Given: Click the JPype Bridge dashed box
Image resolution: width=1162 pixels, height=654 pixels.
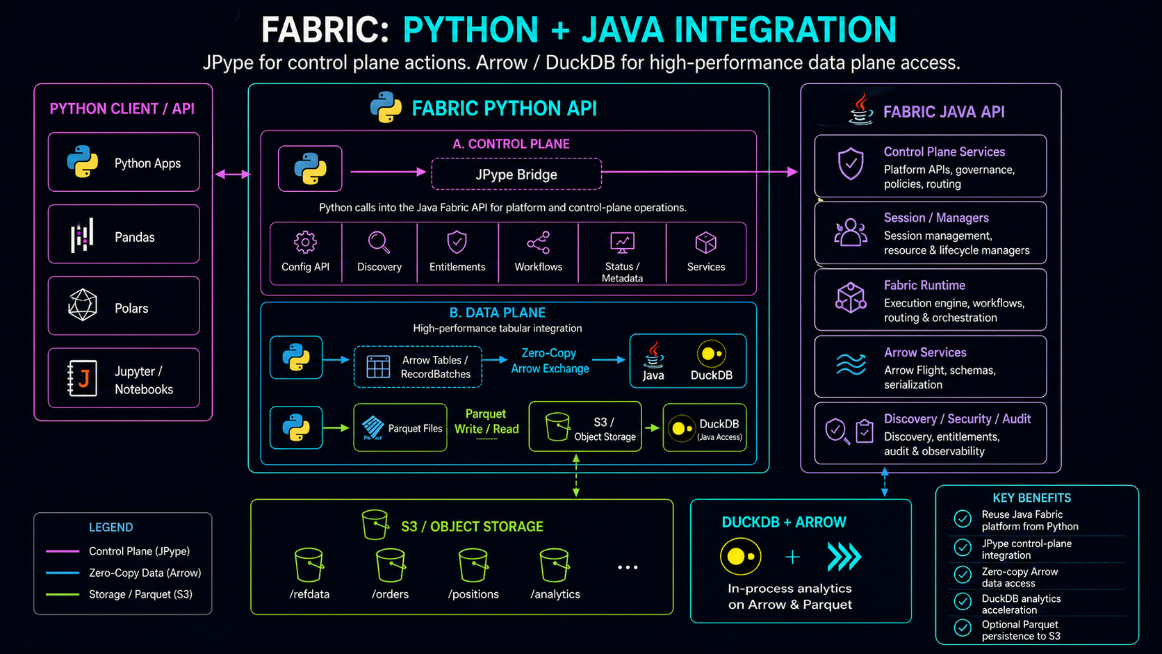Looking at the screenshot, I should click(x=516, y=174).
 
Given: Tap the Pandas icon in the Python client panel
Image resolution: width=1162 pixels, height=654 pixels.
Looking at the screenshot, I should click(x=82, y=236).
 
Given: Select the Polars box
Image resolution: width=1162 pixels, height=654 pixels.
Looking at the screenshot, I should click(x=124, y=306).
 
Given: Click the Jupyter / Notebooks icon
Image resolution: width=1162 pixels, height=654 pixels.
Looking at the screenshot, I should click(x=82, y=378).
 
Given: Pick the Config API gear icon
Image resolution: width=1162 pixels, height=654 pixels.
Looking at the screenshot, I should click(x=305, y=243).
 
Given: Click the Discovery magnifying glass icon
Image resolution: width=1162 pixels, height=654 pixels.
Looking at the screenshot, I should click(x=379, y=243).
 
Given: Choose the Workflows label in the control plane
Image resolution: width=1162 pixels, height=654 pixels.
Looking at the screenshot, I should click(x=538, y=267).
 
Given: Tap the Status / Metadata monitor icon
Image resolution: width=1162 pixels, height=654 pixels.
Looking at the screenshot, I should click(x=622, y=243).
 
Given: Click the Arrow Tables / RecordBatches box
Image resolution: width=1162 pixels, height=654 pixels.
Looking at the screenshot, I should click(x=418, y=367).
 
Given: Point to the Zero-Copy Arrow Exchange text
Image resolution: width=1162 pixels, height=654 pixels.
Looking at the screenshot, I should click(x=550, y=361).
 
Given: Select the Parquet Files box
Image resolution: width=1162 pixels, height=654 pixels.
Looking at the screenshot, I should click(x=400, y=427).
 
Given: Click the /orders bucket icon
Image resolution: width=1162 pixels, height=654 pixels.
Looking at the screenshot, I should click(x=391, y=564).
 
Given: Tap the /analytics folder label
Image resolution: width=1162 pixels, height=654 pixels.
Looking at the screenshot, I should click(x=555, y=594).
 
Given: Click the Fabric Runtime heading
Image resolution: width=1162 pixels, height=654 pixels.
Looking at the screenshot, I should click(x=924, y=285).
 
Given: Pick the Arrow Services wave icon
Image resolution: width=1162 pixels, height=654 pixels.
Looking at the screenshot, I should click(x=851, y=363).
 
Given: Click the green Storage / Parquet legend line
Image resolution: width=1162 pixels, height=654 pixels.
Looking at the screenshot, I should click(x=63, y=594).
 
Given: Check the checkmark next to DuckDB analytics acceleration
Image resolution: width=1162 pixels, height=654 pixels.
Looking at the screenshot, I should click(x=963, y=601).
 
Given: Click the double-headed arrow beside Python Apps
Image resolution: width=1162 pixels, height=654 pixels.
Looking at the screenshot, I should click(x=232, y=174).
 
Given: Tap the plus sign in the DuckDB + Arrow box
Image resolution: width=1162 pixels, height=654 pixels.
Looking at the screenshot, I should click(x=792, y=557).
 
